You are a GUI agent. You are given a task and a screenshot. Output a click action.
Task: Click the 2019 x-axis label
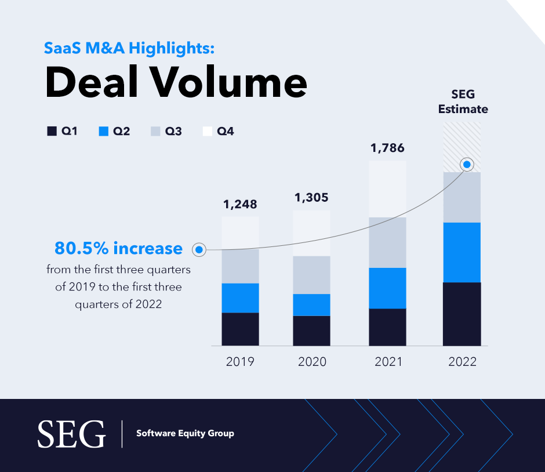(x=240, y=362)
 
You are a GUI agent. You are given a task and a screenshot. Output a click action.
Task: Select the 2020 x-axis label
(x=312, y=362)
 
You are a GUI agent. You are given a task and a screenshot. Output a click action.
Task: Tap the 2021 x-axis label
(x=387, y=362)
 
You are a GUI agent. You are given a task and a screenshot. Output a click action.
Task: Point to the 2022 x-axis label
(x=462, y=362)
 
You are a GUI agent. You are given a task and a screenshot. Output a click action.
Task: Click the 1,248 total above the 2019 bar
(x=240, y=205)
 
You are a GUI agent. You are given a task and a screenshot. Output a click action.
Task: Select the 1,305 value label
(x=311, y=198)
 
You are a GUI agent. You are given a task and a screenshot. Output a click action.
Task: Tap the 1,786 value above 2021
(x=387, y=148)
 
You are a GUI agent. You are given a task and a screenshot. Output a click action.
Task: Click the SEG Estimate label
(x=463, y=101)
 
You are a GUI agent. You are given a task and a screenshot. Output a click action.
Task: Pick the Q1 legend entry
(x=62, y=132)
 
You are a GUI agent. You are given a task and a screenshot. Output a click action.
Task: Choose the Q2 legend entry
(x=114, y=132)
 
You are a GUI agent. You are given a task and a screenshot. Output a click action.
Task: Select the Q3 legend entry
(x=166, y=132)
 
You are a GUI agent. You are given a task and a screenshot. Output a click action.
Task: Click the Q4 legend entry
(x=218, y=132)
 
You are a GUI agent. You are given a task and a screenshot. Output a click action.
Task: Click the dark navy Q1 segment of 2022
(x=462, y=314)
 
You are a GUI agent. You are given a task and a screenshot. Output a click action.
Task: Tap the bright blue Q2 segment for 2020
(x=311, y=304)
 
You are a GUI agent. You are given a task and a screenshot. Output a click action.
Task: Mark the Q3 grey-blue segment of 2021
(x=387, y=242)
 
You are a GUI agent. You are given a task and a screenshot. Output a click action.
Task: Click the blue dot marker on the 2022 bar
(x=467, y=165)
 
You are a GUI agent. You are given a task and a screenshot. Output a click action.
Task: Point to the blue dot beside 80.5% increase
(x=199, y=249)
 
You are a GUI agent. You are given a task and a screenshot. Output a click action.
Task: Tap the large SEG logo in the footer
(x=71, y=434)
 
